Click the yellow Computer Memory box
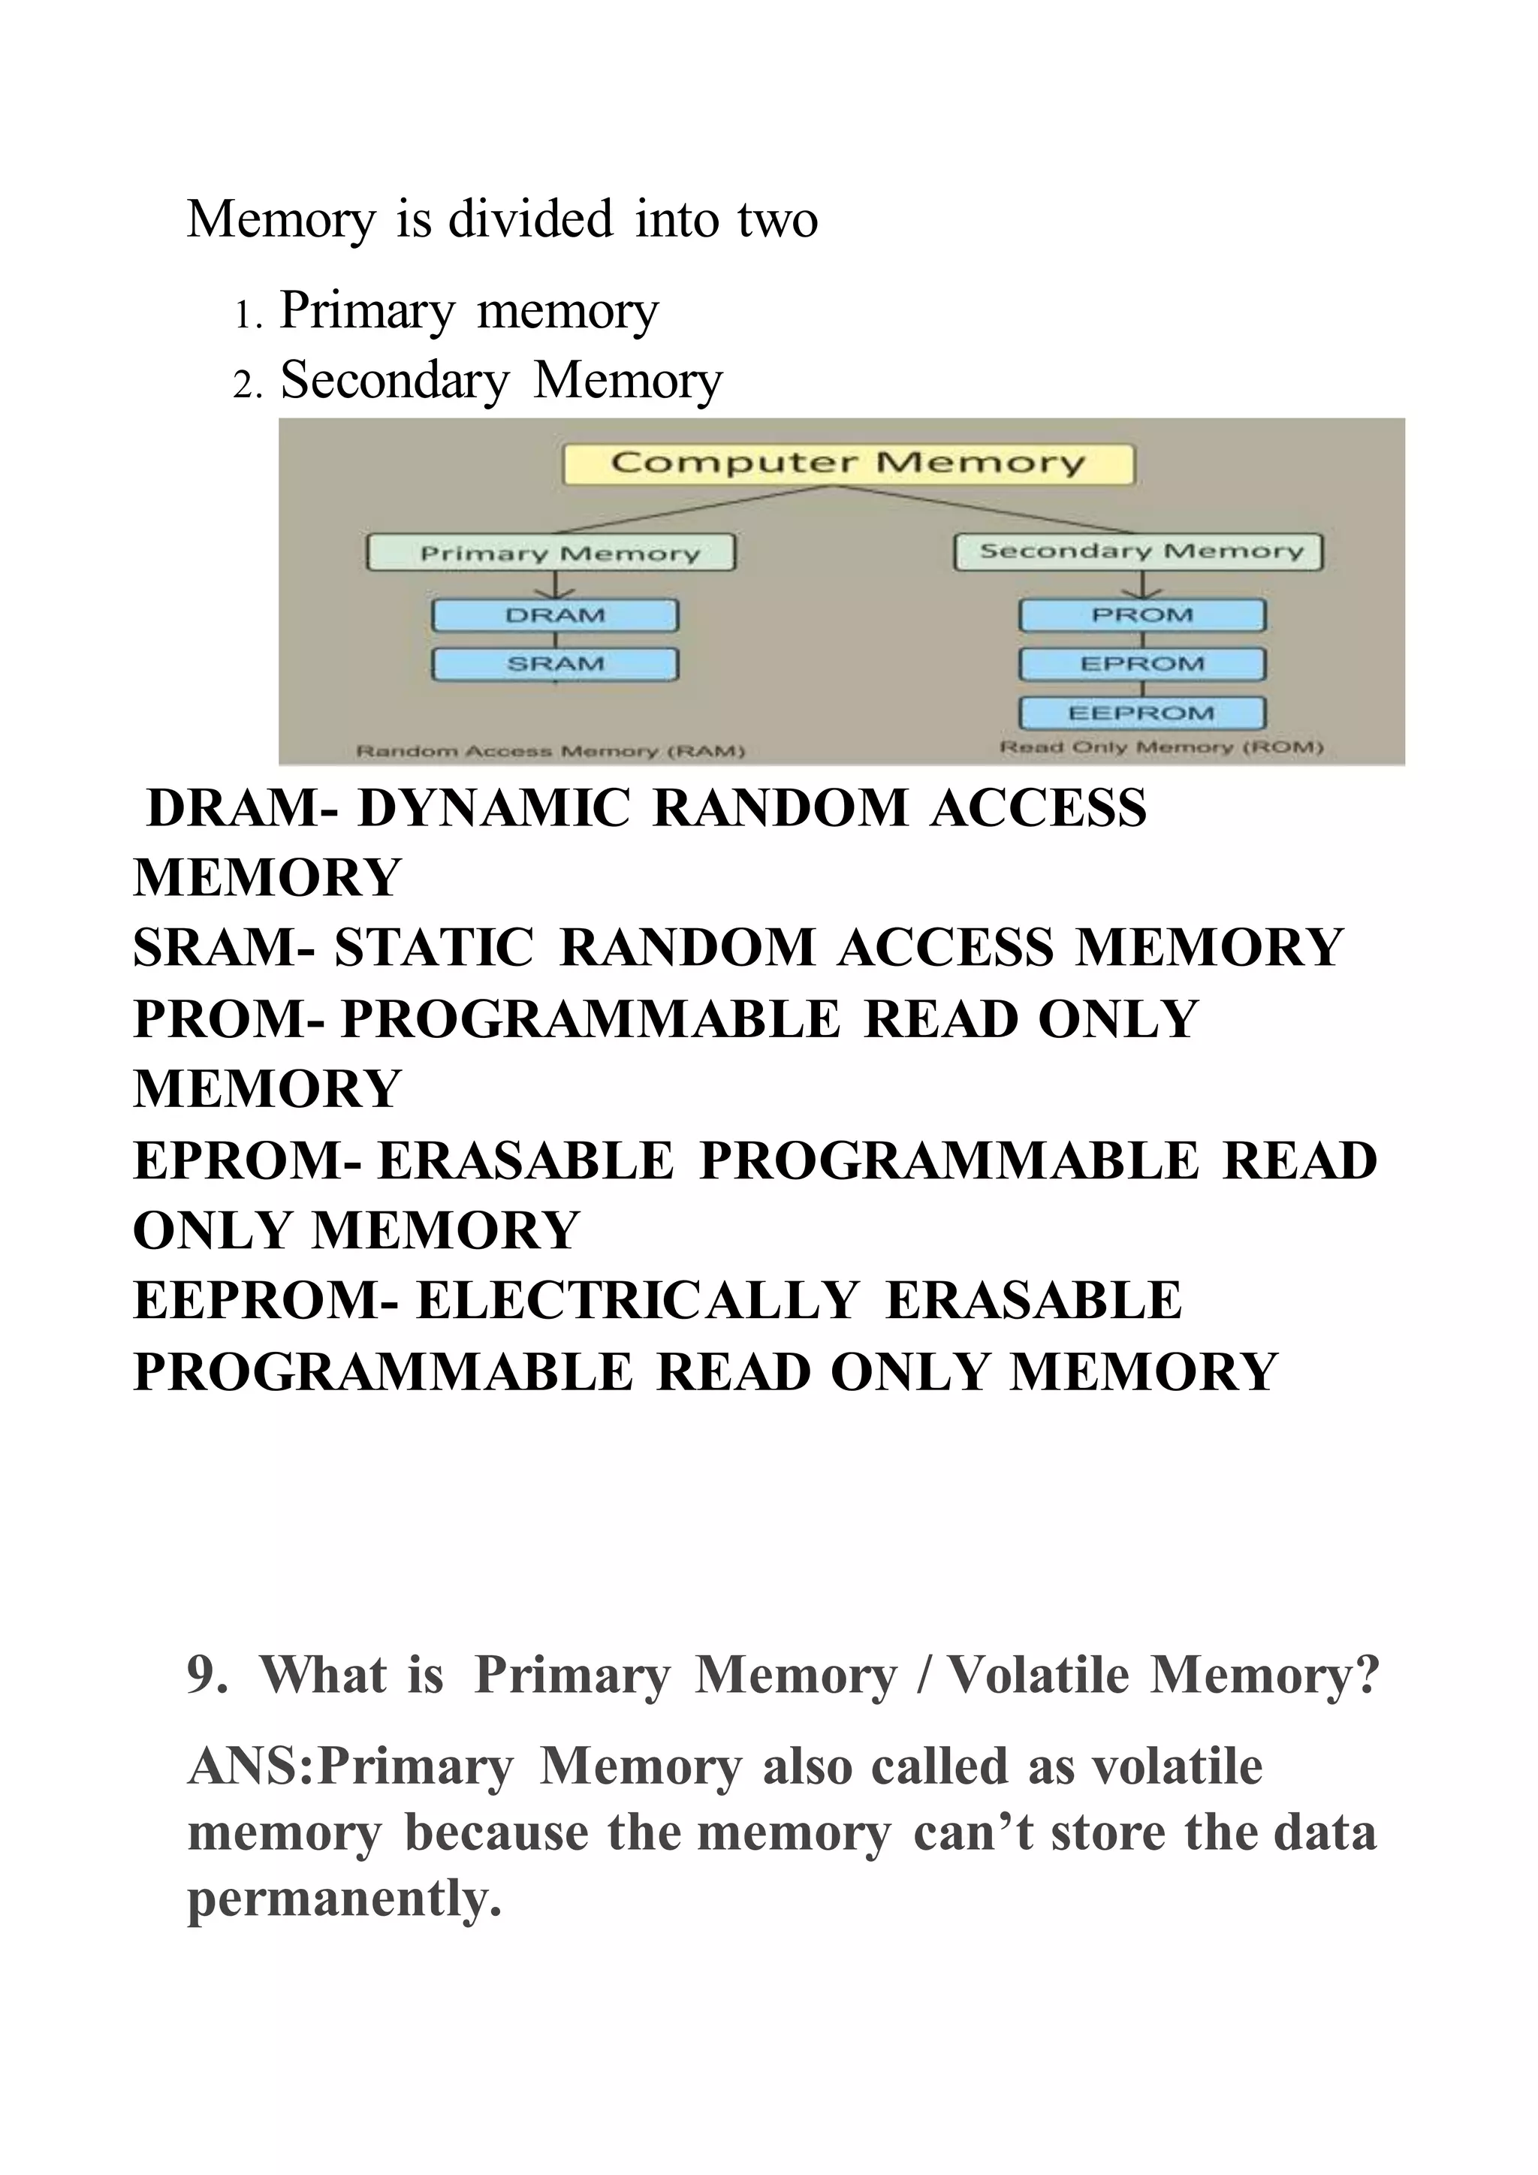[x=848, y=464]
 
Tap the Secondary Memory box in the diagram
[x=1138, y=551]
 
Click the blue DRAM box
[x=555, y=616]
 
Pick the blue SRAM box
[x=555, y=664]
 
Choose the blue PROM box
[x=1142, y=616]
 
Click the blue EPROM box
[x=1142, y=664]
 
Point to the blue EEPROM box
[x=1142, y=713]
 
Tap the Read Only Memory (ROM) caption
[x=1162, y=747]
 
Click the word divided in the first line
[x=530, y=220]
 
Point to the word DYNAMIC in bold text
[x=493, y=809]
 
